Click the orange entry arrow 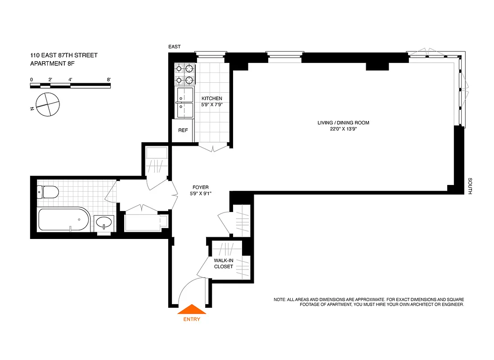(x=192, y=310)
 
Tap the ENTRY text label (x=192, y=319)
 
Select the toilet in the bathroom (x=47, y=192)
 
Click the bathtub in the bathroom (x=63, y=220)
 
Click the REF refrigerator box (x=183, y=130)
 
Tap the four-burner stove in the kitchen (x=184, y=75)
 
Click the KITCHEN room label (x=211, y=99)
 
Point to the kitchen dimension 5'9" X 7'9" (x=211, y=105)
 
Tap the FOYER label (x=200, y=188)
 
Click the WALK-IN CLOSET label (x=224, y=263)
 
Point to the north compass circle (x=47, y=105)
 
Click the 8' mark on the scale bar (x=109, y=80)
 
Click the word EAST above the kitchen (x=174, y=47)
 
